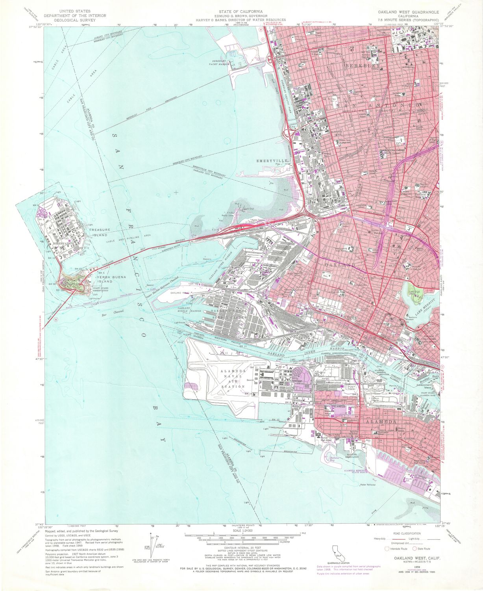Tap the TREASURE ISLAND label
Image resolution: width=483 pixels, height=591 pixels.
coord(100,232)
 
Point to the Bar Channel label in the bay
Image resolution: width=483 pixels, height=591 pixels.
coord(113,313)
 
